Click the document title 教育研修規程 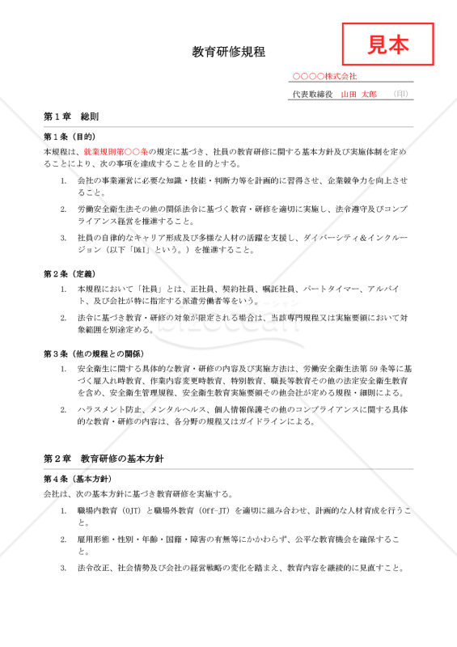[x=228, y=53]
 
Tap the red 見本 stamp [x=388, y=44]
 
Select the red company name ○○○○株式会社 [x=324, y=76]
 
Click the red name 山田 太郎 [x=358, y=95]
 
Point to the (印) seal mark [x=400, y=95]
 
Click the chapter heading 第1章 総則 [x=71, y=117]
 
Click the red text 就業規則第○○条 [x=116, y=151]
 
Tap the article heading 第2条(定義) [x=70, y=274]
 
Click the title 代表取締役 [x=311, y=95]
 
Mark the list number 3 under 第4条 [x=63, y=568]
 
